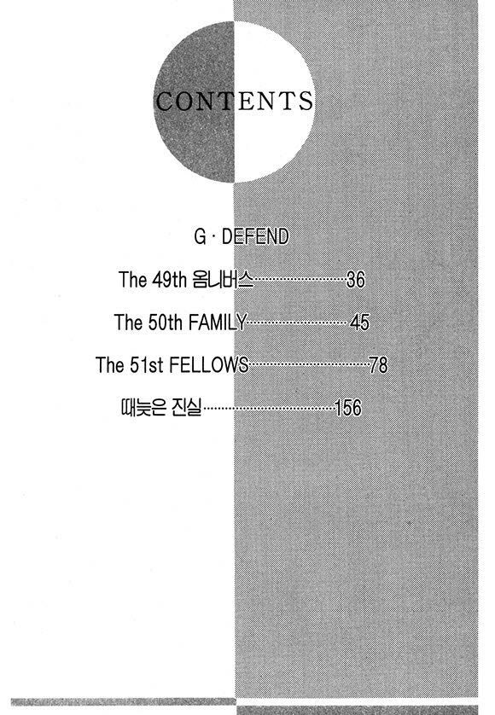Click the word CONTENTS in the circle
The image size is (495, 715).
(x=235, y=101)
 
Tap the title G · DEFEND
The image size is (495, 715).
(x=242, y=237)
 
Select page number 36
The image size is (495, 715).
(x=356, y=279)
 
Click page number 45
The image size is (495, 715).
(x=359, y=322)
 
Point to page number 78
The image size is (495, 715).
(x=379, y=365)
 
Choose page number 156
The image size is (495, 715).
(x=348, y=408)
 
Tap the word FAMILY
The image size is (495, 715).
(x=217, y=322)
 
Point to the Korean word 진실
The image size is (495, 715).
(x=186, y=408)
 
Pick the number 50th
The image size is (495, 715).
(x=166, y=322)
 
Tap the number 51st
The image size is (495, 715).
(x=147, y=365)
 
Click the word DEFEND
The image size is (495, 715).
(x=255, y=237)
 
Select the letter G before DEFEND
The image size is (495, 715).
(x=200, y=237)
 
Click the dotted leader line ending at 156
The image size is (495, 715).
(x=269, y=409)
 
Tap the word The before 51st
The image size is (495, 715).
(x=110, y=365)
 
